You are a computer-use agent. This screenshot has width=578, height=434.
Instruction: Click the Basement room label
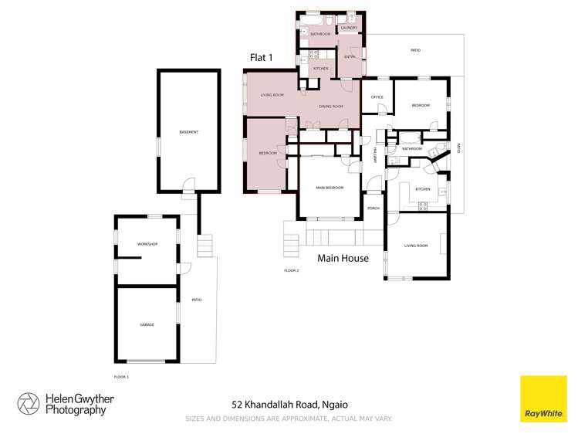pyautogui.click(x=188, y=132)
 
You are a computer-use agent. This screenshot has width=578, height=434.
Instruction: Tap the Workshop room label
pyautogui.click(x=147, y=244)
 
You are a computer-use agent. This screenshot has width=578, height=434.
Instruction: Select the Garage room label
pyautogui.click(x=147, y=324)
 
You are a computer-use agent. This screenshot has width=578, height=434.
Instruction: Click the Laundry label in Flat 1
pyautogui.click(x=349, y=29)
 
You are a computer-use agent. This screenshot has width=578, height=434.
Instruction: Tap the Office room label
pyautogui.click(x=377, y=97)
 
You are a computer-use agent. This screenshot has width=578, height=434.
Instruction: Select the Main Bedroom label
pyautogui.click(x=330, y=188)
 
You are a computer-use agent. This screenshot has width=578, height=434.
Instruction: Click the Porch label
pyautogui.click(x=374, y=209)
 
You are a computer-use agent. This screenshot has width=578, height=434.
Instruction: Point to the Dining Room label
pyautogui.click(x=332, y=106)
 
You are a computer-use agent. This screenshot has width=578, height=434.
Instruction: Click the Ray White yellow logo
pyautogui.click(x=543, y=398)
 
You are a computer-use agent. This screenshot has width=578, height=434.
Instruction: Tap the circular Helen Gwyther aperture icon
pyautogui.click(x=29, y=404)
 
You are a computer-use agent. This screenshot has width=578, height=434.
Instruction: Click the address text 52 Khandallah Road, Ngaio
pyautogui.click(x=289, y=404)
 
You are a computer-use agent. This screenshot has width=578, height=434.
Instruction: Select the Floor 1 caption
pyautogui.click(x=121, y=376)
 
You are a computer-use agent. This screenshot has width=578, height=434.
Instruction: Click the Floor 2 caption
pyautogui.click(x=291, y=270)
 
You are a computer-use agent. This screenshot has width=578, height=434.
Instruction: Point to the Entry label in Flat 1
pyautogui.click(x=350, y=56)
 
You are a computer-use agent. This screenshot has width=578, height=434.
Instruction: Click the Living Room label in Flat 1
pyautogui.click(x=272, y=95)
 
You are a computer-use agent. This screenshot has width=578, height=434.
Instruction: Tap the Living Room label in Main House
pyautogui.click(x=416, y=246)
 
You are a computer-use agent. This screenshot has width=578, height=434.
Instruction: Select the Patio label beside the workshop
pyautogui.click(x=196, y=300)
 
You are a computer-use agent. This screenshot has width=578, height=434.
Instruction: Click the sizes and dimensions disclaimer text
pyautogui.click(x=289, y=419)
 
